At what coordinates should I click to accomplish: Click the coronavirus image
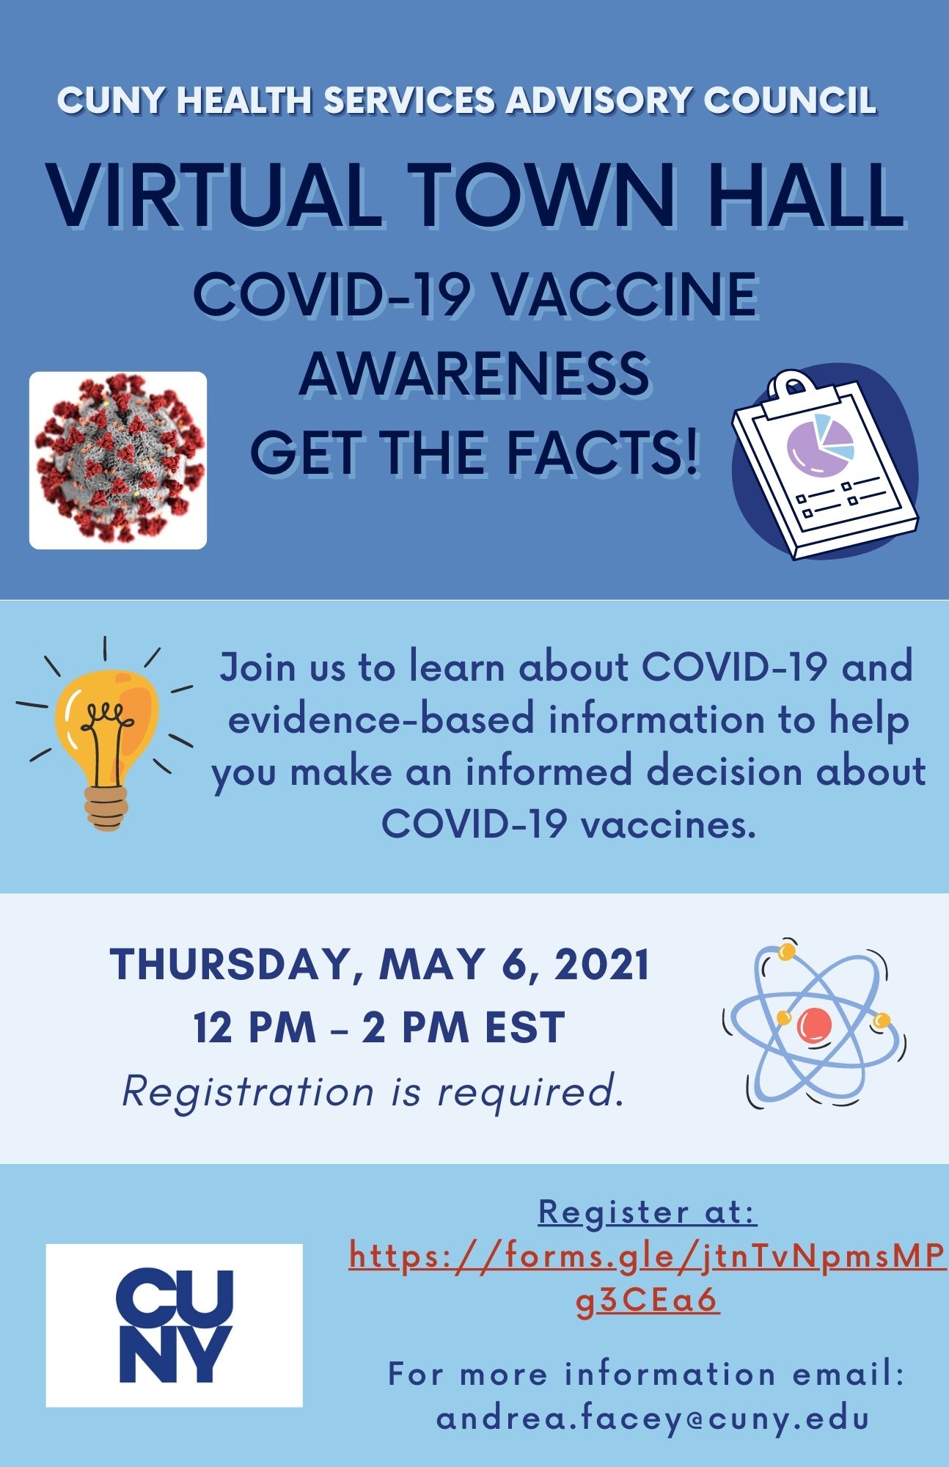(x=118, y=461)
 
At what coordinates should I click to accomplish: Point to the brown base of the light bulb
(x=107, y=808)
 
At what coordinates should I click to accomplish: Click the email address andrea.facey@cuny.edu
(x=653, y=1418)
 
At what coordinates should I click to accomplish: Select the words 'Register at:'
(x=648, y=1212)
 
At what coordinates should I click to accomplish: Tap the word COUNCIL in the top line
(x=791, y=100)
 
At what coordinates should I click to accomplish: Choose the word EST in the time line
(x=524, y=1027)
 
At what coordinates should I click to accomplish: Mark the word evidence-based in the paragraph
(x=381, y=720)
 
